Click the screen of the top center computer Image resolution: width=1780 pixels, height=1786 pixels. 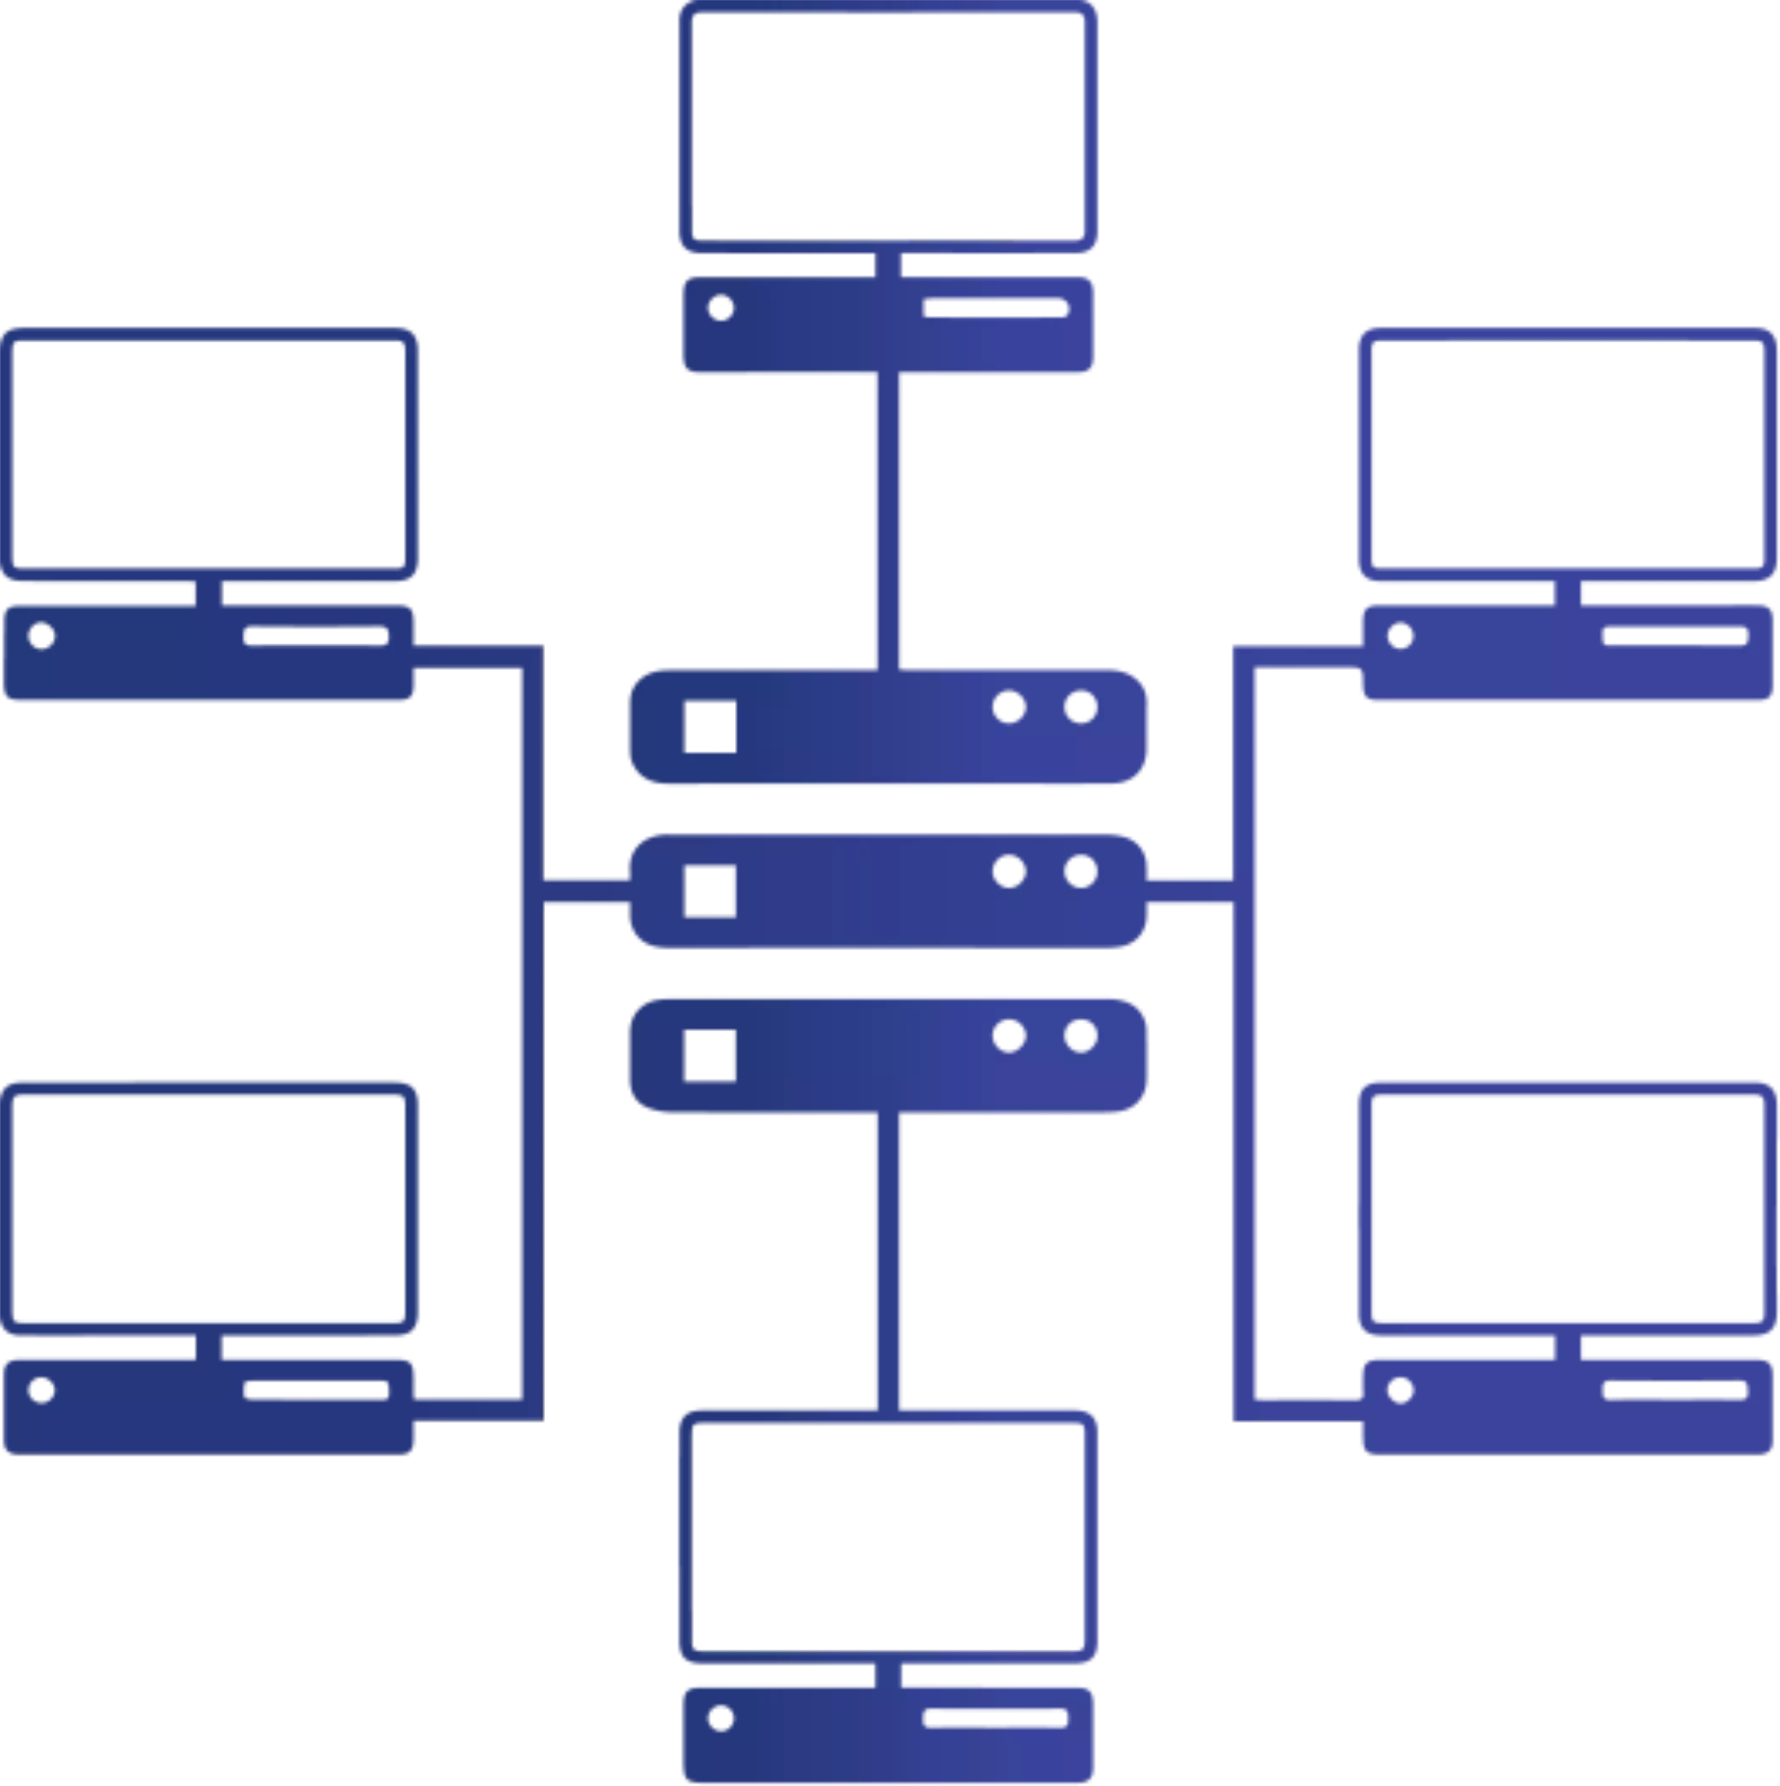pos(887,128)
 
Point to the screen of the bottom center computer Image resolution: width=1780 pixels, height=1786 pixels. pos(887,1538)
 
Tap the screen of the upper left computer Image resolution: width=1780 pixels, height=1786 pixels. pos(211,454)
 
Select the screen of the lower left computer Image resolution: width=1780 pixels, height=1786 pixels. pos(211,1208)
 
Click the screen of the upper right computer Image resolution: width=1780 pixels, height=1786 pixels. pos(1567,454)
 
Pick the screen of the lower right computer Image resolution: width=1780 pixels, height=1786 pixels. pos(1567,1208)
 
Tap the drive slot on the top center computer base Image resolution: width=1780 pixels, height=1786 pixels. pos(995,310)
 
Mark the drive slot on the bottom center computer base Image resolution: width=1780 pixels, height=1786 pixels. pos(996,1720)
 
